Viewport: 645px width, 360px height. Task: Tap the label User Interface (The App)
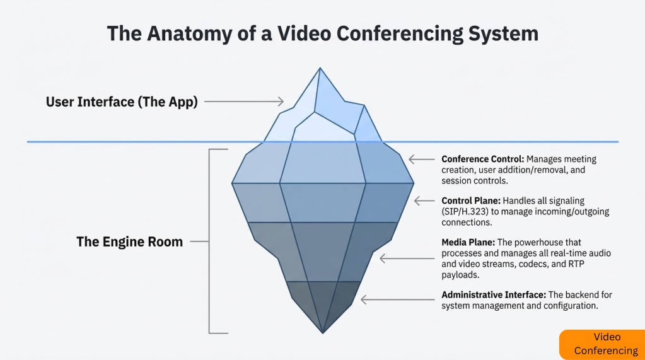click(x=122, y=102)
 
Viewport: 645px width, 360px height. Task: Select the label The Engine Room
click(x=130, y=241)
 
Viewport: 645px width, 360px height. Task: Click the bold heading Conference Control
click(x=482, y=159)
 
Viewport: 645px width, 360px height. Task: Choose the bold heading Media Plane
click(x=467, y=242)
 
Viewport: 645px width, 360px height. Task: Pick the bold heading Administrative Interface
click(x=493, y=294)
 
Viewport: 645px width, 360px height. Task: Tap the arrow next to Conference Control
click(x=421, y=160)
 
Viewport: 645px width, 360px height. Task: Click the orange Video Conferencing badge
click(x=601, y=344)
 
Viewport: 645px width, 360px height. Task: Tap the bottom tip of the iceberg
click(x=323, y=332)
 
